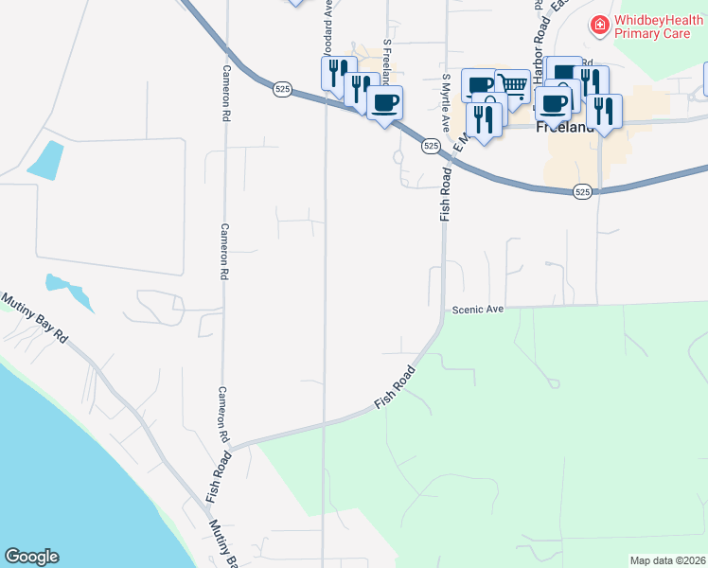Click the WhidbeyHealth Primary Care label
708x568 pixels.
coord(653,26)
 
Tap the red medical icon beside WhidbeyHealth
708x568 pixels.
coord(598,26)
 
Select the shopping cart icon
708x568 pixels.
coord(512,86)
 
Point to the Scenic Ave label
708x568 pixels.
coord(479,310)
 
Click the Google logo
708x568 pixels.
coord(31,557)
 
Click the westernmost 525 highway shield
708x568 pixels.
coord(281,88)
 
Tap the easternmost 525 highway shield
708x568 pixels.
coord(582,191)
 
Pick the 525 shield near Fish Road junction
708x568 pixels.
coord(431,146)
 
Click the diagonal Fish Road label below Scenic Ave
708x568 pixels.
coord(395,387)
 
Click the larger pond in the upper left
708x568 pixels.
coord(45,160)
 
